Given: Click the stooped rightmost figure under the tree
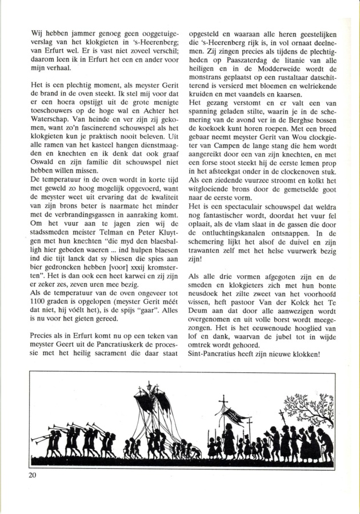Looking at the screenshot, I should point(325,444).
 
